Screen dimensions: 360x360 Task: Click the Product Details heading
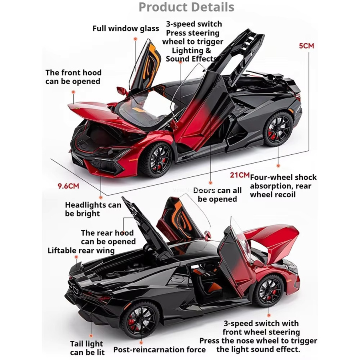coord(186,7)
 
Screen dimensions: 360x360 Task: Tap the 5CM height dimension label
coord(306,46)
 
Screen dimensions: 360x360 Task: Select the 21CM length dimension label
coord(240,175)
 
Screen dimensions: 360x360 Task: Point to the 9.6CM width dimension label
coord(68,186)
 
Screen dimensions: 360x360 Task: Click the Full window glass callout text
coord(126,28)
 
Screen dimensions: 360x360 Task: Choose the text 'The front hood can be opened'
coord(73,77)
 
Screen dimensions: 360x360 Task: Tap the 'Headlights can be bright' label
coord(93,209)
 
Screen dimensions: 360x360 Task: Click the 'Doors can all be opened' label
coord(218,195)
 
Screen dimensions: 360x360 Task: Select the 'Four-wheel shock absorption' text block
coord(283,186)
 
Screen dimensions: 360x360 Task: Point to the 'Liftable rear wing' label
coord(81,250)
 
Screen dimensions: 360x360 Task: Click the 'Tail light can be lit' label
coord(87,348)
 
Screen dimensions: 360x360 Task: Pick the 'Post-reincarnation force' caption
coord(160,350)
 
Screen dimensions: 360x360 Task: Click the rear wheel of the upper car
coord(278,128)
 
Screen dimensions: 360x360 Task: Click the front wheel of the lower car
coord(268,291)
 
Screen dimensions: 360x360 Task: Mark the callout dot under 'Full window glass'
coord(136,39)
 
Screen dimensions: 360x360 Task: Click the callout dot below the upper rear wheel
coord(278,166)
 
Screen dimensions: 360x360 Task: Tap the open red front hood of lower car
coord(273,241)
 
